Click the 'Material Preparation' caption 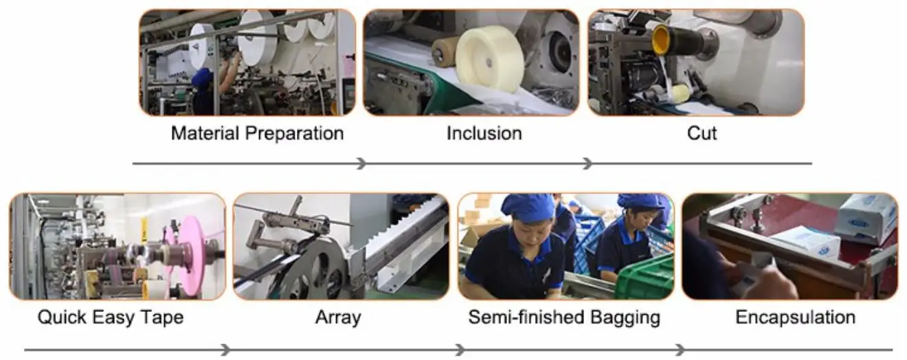click(257, 133)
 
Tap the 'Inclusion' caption click(484, 133)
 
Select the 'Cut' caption click(702, 133)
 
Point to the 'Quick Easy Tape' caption click(111, 317)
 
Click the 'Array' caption click(337, 317)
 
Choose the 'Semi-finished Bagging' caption click(564, 317)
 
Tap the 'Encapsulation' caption click(795, 317)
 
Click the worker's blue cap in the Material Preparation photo click(201, 78)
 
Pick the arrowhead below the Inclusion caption click(586, 164)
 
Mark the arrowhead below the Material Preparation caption click(361, 164)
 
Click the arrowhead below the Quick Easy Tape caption click(225, 350)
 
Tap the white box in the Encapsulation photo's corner click(866, 216)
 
